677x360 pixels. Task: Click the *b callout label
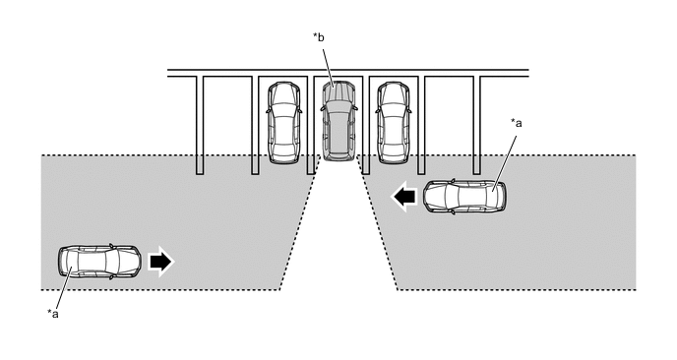pyautogui.click(x=318, y=38)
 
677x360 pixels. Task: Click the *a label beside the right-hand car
pyautogui.click(x=517, y=124)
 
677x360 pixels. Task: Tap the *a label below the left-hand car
pyautogui.click(x=53, y=314)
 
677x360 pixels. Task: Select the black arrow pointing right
pyautogui.click(x=160, y=262)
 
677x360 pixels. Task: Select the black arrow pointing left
pyautogui.click(x=404, y=197)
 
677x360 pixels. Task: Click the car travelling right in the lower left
pyautogui.click(x=99, y=262)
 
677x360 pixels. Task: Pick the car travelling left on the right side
pyautogui.click(x=464, y=197)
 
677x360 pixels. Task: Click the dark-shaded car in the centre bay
pyautogui.click(x=338, y=121)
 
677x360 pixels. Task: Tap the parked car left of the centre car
pyautogui.click(x=284, y=123)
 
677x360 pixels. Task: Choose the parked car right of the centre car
pyautogui.click(x=394, y=123)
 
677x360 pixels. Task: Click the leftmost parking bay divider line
pyautogui.click(x=200, y=125)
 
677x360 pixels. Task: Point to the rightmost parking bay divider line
pyautogui.click(x=476, y=125)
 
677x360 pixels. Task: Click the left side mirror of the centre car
pyautogui.click(x=322, y=108)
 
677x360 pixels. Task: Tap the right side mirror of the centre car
pyautogui.click(x=355, y=108)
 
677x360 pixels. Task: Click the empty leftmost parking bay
pyautogui.click(x=227, y=116)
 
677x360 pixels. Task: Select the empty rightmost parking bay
pyautogui.click(x=449, y=116)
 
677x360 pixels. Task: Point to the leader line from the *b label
pyautogui.click(x=328, y=66)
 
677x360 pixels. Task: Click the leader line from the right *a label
pyautogui.click(x=505, y=162)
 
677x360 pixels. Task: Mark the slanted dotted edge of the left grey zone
pyautogui.click(x=300, y=222)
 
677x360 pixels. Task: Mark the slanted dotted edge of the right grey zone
pyautogui.click(x=377, y=222)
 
